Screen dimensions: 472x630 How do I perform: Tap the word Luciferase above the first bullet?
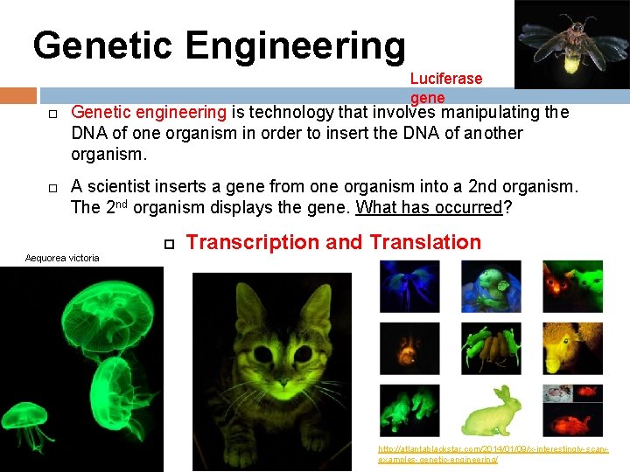click(x=445, y=79)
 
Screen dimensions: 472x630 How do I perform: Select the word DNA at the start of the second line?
click(x=89, y=133)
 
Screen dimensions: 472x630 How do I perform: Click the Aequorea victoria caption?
click(x=62, y=258)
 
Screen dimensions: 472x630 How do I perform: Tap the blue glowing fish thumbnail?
click(x=409, y=287)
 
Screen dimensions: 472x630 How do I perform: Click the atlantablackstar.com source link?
click(x=492, y=454)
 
